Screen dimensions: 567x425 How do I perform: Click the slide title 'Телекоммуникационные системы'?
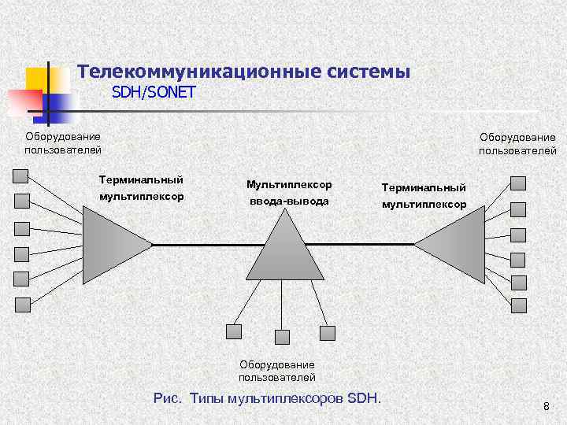pyautogui.click(x=244, y=72)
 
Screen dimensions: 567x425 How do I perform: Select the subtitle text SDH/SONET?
pyautogui.click(x=154, y=93)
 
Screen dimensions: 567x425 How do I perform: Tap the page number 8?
pyautogui.click(x=546, y=407)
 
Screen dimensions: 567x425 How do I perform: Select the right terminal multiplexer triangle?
pyautogui.click(x=454, y=245)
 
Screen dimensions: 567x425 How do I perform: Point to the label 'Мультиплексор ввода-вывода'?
pyautogui.click(x=289, y=193)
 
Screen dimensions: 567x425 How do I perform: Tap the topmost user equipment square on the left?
pyautogui.click(x=21, y=176)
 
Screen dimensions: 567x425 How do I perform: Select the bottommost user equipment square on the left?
pyautogui.click(x=24, y=304)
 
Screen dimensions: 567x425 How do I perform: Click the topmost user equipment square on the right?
pyautogui.click(x=517, y=183)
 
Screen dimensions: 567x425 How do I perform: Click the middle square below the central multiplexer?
pyautogui.click(x=282, y=337)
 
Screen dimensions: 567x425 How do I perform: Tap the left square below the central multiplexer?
pyautogui.click(x=234, y=331)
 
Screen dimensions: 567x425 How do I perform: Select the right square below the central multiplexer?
pyautogui.click(x=328, y=331)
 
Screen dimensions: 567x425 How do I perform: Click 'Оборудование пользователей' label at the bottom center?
pyautogui.click(x=277, y=371)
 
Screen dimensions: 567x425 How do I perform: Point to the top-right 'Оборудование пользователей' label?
pyautogui.click(x=517, y=144)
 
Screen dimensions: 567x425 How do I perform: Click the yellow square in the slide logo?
pyautogui.click(x=38, y=79)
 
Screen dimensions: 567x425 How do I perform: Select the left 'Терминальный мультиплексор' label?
pyautogui.click(x=142, y=188)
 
